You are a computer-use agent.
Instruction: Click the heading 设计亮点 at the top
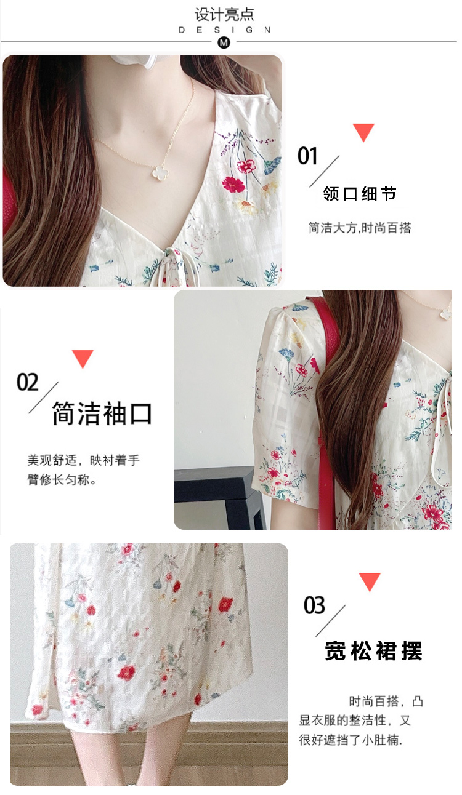pos(224,15)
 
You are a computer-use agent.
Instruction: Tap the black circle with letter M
pos(224,43)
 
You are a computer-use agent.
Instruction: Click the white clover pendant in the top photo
pos(160,172)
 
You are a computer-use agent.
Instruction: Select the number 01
pos(307,156)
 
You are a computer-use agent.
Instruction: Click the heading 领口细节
pos(359,194)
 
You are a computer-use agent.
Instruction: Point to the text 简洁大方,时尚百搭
pos(359,228)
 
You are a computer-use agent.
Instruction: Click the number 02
pos(27,382)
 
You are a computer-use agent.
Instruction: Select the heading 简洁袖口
pos(102,413)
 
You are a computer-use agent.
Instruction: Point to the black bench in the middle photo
pos(220,497)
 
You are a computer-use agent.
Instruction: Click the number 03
pos(314,605)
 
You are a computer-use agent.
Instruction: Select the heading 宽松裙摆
pos(373,651)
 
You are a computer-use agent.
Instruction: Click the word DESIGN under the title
pos(224,30)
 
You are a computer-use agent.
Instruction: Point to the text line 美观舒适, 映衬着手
pos(84,460)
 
